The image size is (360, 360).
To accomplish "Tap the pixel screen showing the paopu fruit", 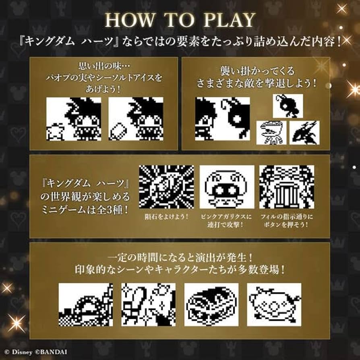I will pyautogui.click(x=74, y=119).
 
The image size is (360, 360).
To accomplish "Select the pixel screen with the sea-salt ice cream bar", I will pyautogui.click(x=136, y=119).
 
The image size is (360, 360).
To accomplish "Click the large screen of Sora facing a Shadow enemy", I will pyautogui.click(x=222, y=119).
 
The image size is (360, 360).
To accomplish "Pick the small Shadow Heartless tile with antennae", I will pyautogui.click(x=288, y=106).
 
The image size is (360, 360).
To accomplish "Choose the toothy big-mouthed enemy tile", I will pyautogui.click(x=271, y=132).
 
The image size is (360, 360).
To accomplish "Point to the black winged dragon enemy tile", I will pyautogui.click(x=304, y=132).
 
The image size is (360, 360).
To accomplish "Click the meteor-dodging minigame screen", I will pyautogui.click(x=166, y=187).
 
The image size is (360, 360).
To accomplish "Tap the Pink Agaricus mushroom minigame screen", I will pyautogui.click(x=227, y=187).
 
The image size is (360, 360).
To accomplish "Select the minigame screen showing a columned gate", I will pyautogui.click(x=287, y=187).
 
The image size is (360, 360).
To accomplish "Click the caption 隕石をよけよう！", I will pyautogui.click(x=166, y=217).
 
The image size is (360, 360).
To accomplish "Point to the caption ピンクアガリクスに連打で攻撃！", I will pyautogui.click(x=227, y=220).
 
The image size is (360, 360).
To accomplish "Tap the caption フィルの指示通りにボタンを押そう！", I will pyautogui.click(x=287, y=220).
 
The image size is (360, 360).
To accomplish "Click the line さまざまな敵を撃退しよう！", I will pyautogui.click(x=256, y=84).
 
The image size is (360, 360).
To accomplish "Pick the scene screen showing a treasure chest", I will pyautogui.click(x=211, y=304).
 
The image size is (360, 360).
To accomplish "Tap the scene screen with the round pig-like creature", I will pyautogui.click(x=274, y=304).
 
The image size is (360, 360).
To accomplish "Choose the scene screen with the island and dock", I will pyautogui.click(x=85, y=304).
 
